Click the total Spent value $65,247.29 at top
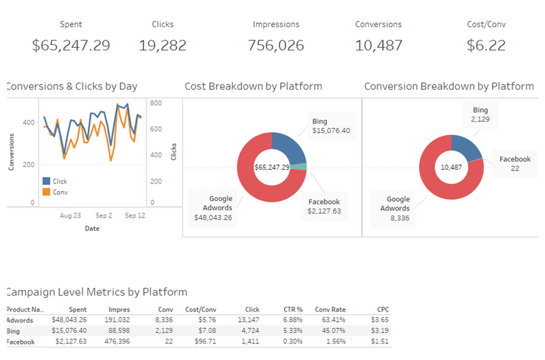[71, 46]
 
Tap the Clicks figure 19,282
[162, 46]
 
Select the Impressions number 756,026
[276, 46]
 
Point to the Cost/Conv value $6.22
[486, 46]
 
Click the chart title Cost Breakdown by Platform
[253, 87]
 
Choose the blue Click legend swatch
[46, 181]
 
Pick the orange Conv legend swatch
[46, 192]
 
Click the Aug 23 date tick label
[70, 215]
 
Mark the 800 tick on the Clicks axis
[155, 104]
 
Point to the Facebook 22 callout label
[514, 164]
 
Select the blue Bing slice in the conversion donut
[465, 145]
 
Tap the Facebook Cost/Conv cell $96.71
[205, 341]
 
